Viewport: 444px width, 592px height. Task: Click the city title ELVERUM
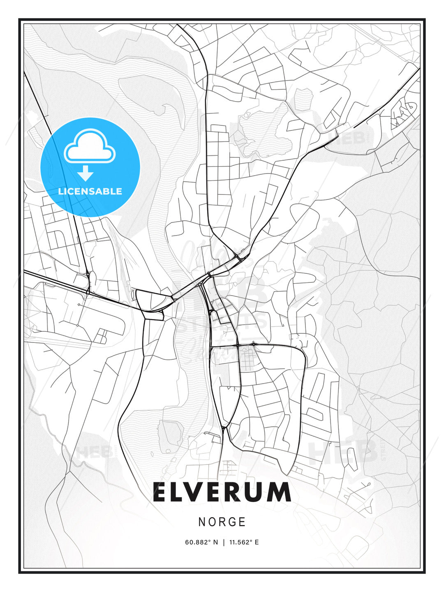(x=222, y=492)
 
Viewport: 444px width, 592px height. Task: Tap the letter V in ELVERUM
(x=198, y=492)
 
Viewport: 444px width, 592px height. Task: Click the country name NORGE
(x=222, y=522)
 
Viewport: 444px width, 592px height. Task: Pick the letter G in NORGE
(x=232, y=522)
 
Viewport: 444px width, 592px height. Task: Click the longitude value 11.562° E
(x=244, y=542)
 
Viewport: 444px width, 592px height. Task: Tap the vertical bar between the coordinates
(x=224, y=542)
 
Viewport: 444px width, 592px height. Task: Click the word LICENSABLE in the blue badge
(x=90, y=191)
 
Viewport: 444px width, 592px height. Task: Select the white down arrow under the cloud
(x=86, y=173)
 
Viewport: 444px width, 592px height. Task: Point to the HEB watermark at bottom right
(x=343, y=452)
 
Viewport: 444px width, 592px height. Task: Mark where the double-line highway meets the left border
(x=25, y=272)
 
